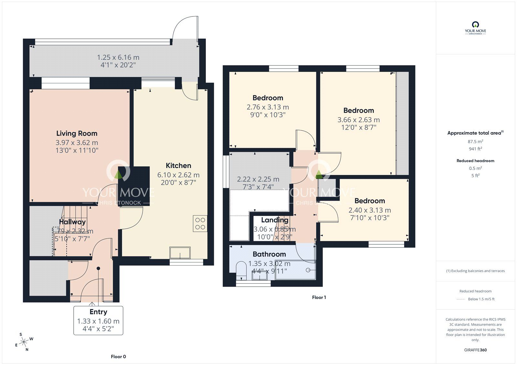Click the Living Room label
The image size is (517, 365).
[77, 133]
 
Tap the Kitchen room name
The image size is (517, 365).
[178, 166]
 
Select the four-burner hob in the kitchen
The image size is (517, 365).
[200, 223]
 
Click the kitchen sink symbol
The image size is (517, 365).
[180, 253]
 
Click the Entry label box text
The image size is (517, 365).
[98, 312]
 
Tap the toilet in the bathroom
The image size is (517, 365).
[241, 270]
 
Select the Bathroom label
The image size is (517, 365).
[269, 254]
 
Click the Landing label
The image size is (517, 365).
[275, 220]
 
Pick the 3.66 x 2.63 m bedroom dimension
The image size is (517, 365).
[358, 120]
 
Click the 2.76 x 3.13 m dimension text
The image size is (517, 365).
[268, 107]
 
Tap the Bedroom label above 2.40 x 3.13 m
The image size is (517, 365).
[369, 201]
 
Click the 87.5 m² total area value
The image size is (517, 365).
[475, 141]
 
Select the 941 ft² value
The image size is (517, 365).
[475, 149]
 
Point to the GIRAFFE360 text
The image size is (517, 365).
[475, 350]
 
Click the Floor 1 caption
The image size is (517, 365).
[319, 298]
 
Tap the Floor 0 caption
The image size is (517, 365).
[118, 357]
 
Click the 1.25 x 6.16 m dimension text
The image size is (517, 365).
[118, 57]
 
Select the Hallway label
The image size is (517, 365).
[72, 222]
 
